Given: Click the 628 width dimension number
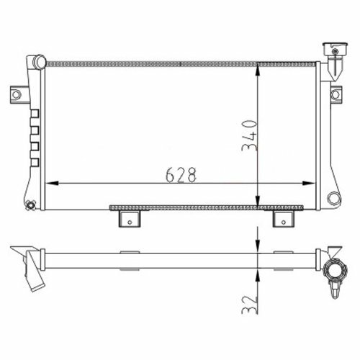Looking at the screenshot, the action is click(x=181, y=175).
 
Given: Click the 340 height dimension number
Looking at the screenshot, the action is click(x=250, y=135).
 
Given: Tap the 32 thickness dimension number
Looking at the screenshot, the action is click(x=250, y=305).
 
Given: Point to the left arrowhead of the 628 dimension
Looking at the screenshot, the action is click(x=52, y=183).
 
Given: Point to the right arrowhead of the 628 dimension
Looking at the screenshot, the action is click(x=308, y=183).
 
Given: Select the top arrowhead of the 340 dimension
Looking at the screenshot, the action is click(x=258, y=71).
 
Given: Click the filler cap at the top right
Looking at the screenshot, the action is click(x=335, y=50).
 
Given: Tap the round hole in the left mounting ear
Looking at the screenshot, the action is click(x=17, y=95).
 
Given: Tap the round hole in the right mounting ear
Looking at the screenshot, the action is click(x=336, y=95).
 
